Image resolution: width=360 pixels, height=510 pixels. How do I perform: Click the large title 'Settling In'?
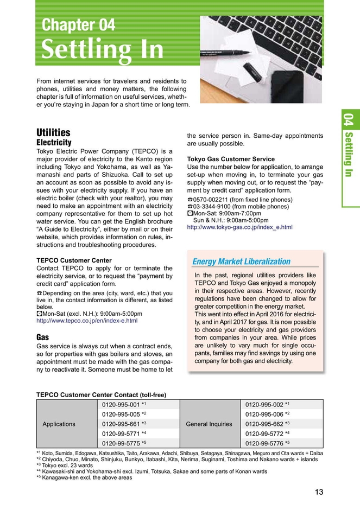[x=103, y=50]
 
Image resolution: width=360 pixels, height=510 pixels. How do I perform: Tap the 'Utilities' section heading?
[x=53, y=133]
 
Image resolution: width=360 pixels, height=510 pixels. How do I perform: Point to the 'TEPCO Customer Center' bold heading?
[x=74, y=260]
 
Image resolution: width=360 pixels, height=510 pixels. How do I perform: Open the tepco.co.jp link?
[x=86, y=321]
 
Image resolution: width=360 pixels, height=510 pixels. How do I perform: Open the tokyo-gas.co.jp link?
[x=239, y=227]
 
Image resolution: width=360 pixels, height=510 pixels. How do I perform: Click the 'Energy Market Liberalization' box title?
[x=242, y=262]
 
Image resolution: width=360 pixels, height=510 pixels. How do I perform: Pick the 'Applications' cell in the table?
[x=59, y=424]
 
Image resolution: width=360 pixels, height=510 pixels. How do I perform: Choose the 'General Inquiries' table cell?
[x=209, y=424]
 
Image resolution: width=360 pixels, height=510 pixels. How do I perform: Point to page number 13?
[x=319, y=492]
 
